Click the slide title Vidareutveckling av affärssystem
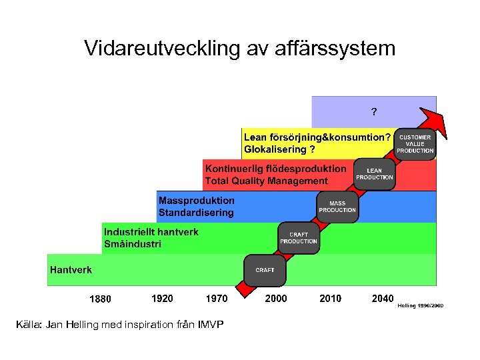coord(239,49)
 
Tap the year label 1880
coord(100,299)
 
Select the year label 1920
coord(163,298)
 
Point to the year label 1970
coord(216,298)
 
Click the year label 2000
coord(276,298)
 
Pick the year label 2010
coord(330,298)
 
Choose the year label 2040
coord(383,298)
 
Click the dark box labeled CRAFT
coord(265,271)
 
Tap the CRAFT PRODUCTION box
coord(299,238)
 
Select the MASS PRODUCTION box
coord(337,207)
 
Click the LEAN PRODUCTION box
coord(375,174)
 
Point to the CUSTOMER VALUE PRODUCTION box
coord(415,144)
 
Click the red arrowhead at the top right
coord(435,120)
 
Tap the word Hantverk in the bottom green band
coord(71,270)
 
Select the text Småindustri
coord(132,244)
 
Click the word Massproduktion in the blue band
coord(196,200)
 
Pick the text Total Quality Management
coord(266,181)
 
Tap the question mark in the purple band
coord(374,111)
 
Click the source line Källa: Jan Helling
coord(120,325)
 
